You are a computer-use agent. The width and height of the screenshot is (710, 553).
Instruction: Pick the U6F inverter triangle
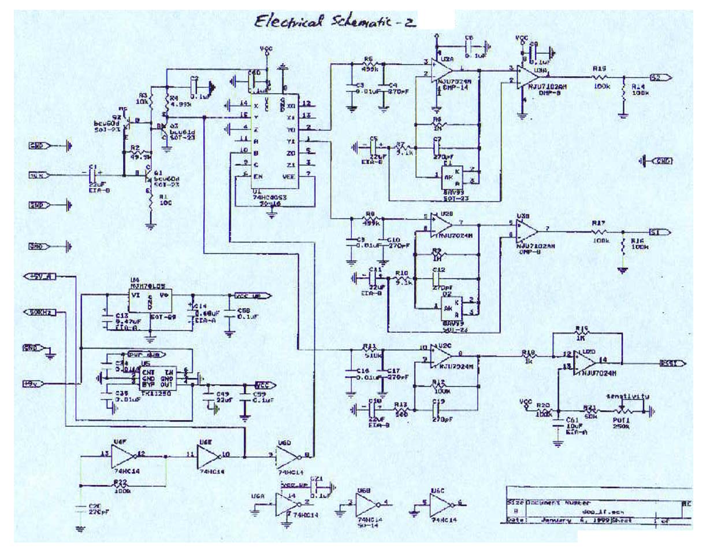(x=122, y=457)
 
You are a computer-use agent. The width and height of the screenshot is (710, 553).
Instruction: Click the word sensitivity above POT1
(x=627, y=397)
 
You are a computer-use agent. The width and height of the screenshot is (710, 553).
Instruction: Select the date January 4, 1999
(x=564, y=519)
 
